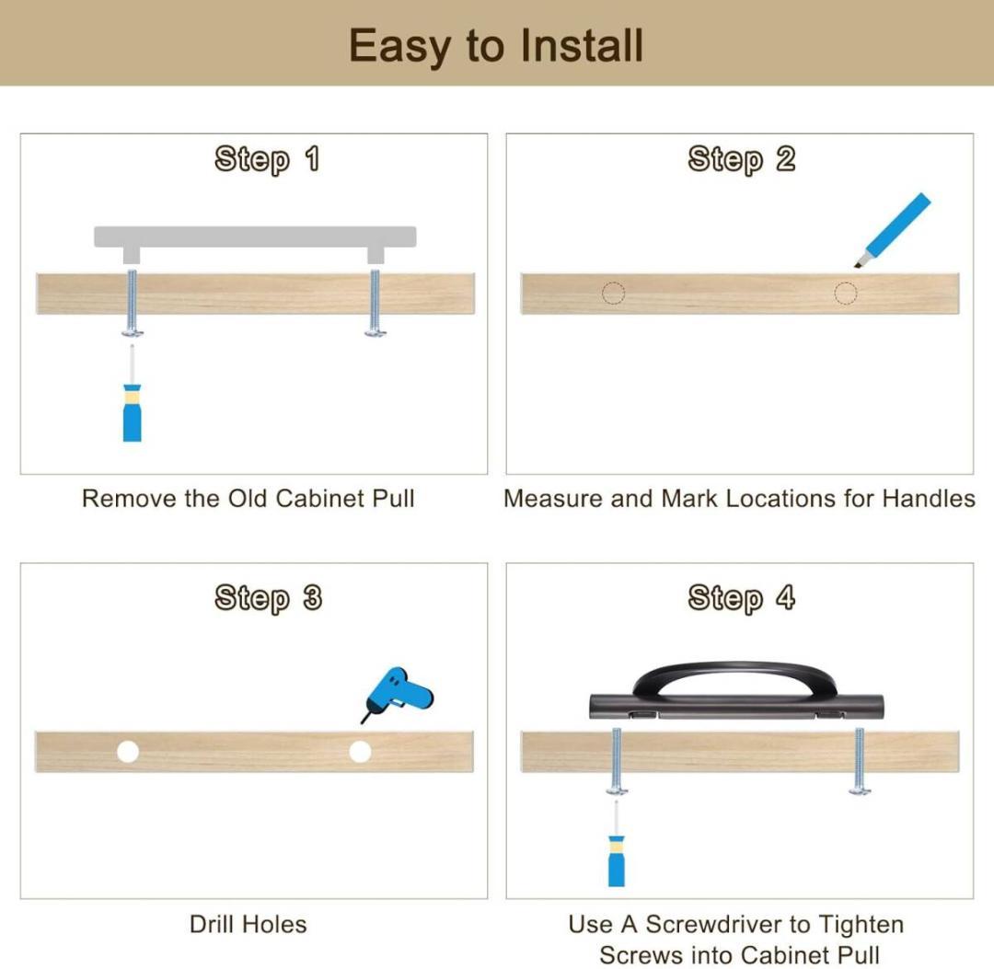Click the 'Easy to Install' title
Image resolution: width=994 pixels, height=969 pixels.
496,46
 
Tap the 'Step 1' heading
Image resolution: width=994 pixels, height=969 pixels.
267,159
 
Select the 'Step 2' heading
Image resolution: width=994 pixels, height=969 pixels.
741,159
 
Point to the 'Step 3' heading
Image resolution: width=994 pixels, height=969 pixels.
268,598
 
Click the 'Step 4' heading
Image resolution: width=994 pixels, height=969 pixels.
741,598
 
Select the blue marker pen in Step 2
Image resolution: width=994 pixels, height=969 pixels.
893,229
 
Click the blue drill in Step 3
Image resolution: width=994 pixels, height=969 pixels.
398,693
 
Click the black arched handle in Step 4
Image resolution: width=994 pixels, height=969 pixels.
736,693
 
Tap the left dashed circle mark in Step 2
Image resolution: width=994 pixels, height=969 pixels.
613,294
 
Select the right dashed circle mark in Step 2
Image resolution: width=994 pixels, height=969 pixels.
846,294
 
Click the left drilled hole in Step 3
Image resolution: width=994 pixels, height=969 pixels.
128,752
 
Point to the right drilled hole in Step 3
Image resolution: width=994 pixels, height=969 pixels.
360,752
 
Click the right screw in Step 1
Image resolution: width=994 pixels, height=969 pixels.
376,303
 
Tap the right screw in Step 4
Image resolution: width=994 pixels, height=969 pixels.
860,761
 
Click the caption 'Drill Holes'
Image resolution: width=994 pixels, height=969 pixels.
248,925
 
